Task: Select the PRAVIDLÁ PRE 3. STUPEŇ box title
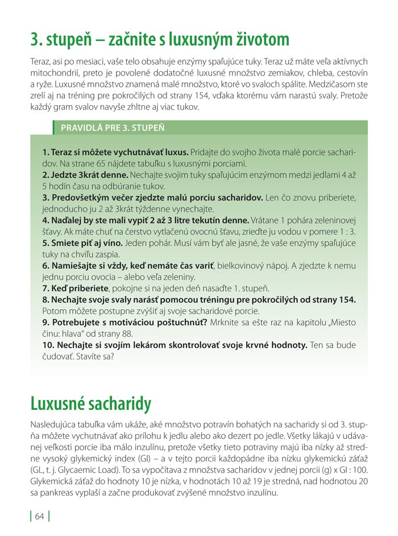(113, 127)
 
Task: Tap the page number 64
(39, 516)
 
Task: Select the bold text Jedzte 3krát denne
(85, 174)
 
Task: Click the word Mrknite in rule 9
(226, 323)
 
